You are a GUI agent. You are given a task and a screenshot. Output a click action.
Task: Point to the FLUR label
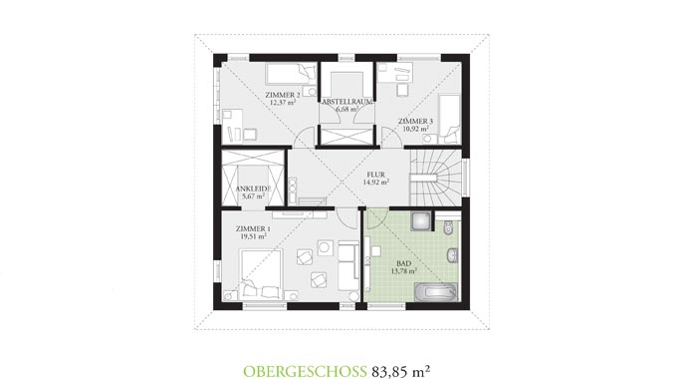375,176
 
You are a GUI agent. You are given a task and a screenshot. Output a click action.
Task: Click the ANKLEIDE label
252,189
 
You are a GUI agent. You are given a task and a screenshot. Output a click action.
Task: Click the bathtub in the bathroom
435,290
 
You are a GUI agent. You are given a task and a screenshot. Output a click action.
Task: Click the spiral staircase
438,174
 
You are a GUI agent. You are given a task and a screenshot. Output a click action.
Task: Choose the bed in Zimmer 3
449,116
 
